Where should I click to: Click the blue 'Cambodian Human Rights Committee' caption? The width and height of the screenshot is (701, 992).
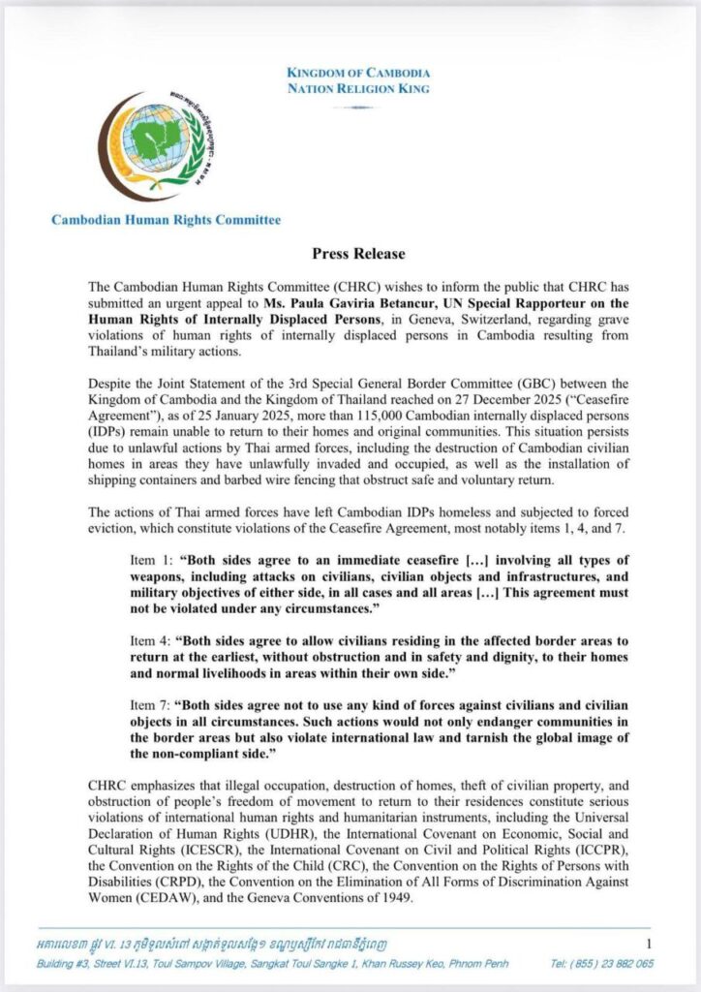166,220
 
